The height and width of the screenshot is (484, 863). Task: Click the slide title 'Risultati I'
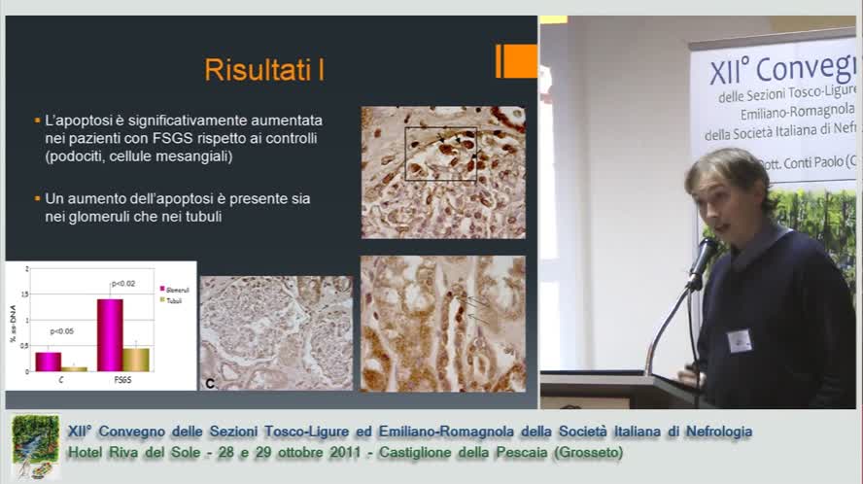[263, 70]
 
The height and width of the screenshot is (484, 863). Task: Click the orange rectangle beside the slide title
[517, 61]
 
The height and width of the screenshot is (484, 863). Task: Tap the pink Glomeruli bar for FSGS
[110, 334]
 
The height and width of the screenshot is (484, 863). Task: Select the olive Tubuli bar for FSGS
[136, 359]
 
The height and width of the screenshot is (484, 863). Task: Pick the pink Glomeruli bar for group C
[48, 361]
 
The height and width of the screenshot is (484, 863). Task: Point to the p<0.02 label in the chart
[122, 283]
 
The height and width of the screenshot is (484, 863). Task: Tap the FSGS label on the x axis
[122, 379]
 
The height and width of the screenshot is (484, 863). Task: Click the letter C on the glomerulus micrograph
[210, 384]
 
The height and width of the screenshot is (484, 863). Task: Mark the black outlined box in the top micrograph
[440, 154]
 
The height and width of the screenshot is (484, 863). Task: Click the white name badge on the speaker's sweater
[740, 340]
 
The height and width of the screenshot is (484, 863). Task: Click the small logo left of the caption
[35, 446]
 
